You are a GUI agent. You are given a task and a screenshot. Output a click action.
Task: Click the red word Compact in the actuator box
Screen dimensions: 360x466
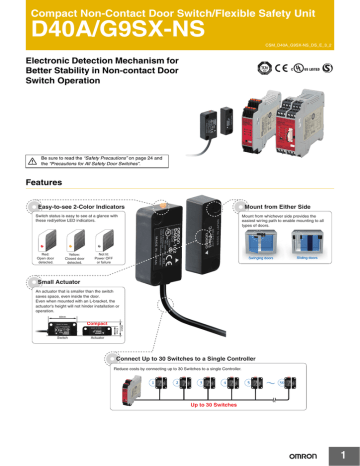point(97,324)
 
